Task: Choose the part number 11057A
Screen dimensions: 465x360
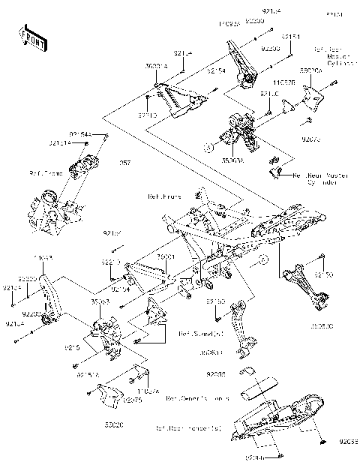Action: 147,391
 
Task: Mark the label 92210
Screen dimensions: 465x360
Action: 110,263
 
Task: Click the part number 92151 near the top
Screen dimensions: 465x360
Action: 291,35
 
